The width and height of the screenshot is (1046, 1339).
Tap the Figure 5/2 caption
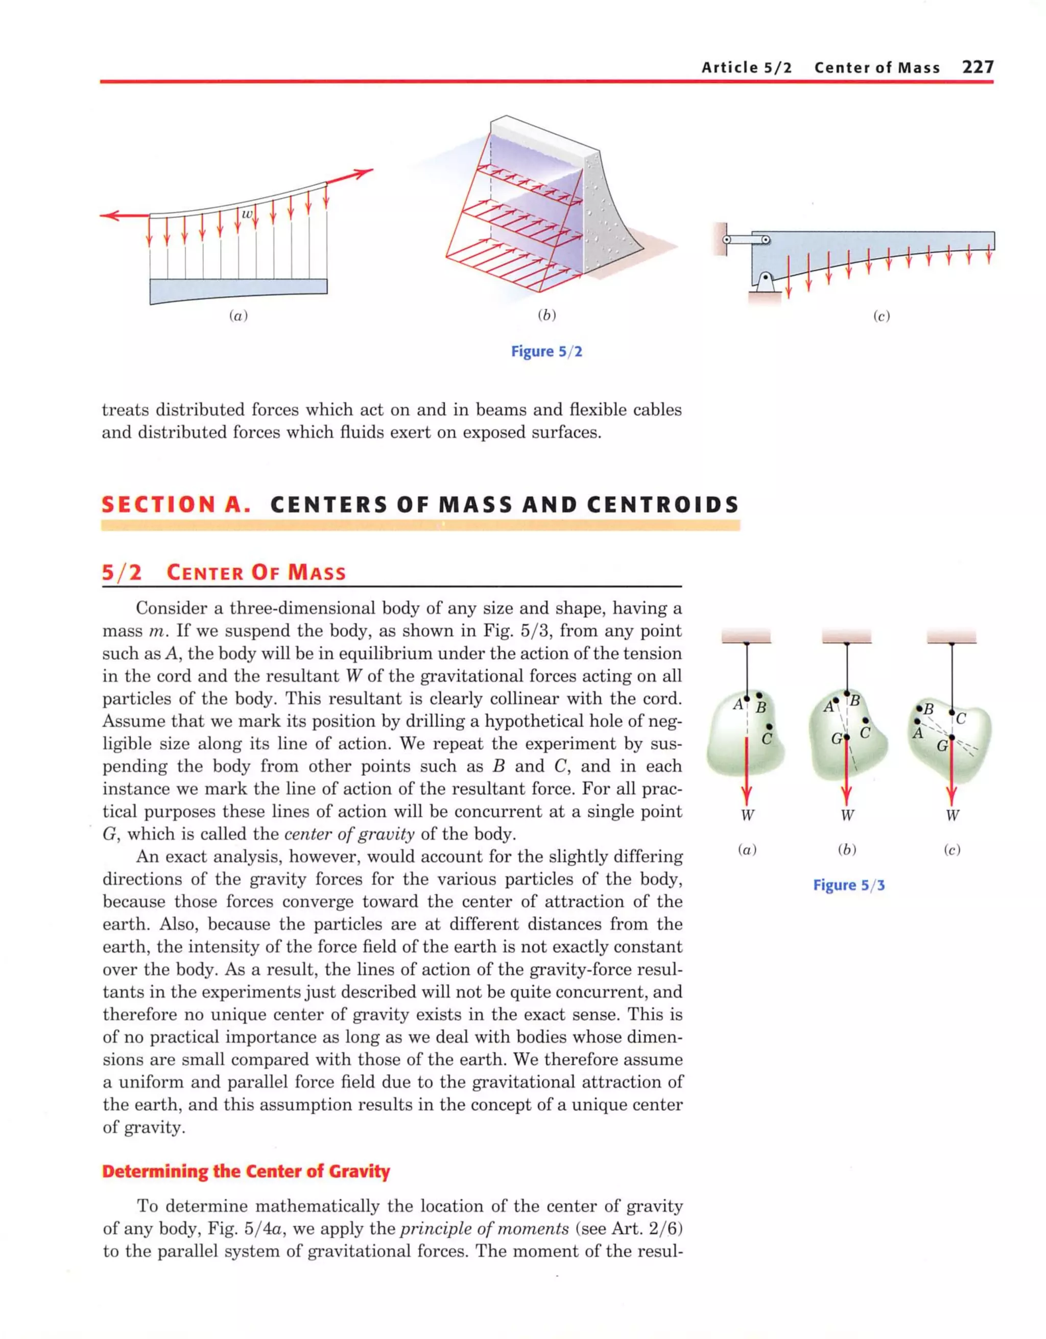[546, 351]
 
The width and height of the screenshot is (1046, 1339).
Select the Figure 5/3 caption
[848, 885]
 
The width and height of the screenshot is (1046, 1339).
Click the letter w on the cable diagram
[247, 213]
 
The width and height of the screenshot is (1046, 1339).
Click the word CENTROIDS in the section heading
[662, 504]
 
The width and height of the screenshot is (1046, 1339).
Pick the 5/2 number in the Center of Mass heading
[122, 573]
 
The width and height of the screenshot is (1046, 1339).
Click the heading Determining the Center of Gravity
[246, 1171]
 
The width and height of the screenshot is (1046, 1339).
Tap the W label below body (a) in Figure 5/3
[747, 815]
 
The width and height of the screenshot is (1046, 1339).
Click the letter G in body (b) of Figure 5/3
[836, 739]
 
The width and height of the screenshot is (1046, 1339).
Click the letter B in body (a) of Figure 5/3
[760, 707]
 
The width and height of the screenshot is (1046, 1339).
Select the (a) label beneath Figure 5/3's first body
[747, 850]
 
